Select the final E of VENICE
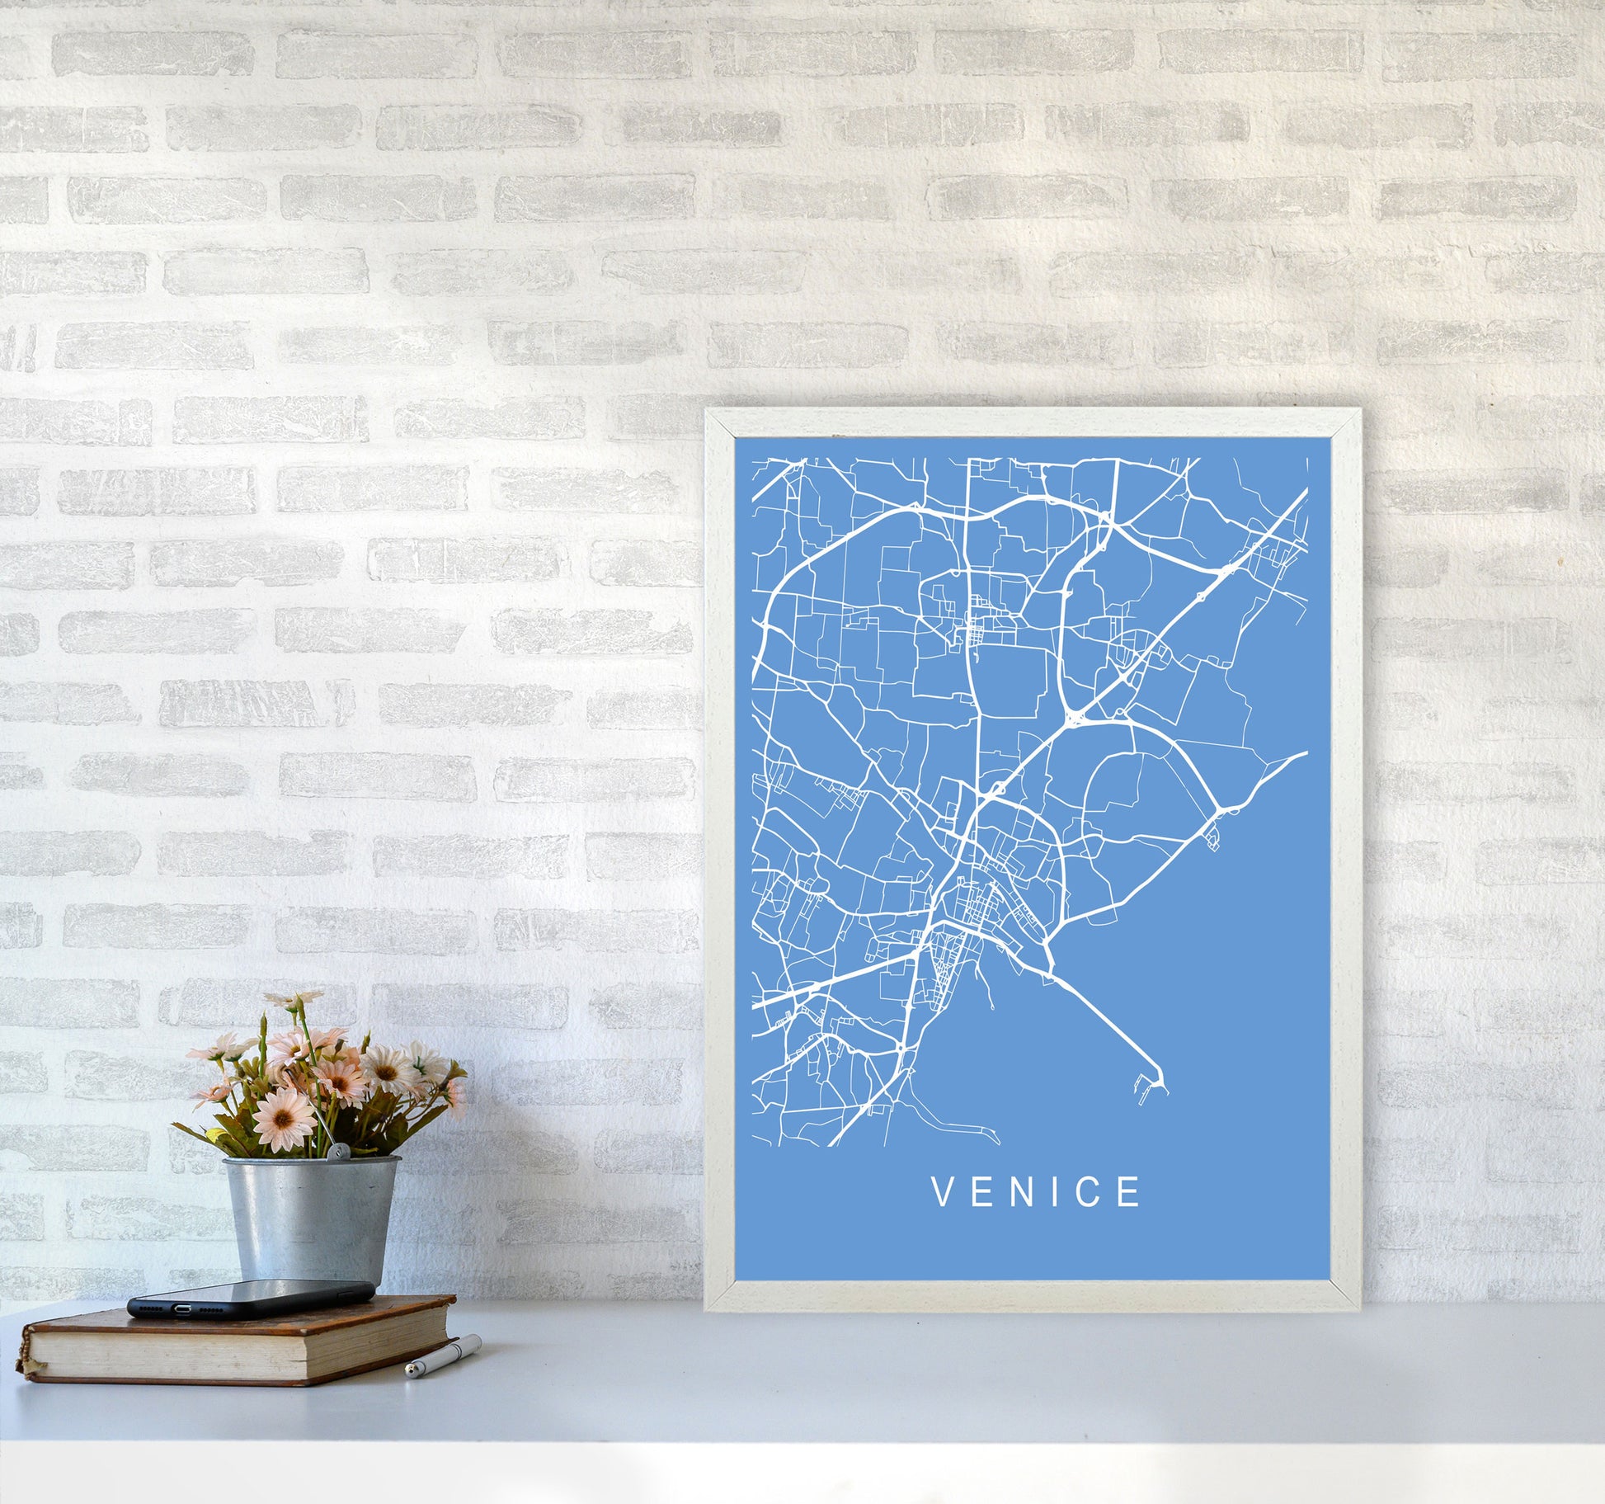[1131, 1191]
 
